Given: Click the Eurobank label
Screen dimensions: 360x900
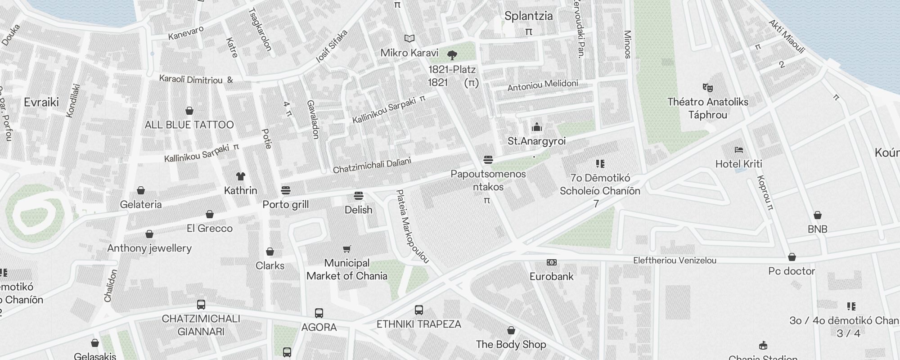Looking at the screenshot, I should (x=551, y=276).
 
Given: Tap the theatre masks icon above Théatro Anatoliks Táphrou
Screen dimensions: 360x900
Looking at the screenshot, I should (x=707, y=87).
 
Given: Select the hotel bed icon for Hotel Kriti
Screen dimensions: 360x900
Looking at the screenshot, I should (x=738, y=150).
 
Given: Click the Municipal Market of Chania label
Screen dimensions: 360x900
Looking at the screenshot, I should (x=346, y=269).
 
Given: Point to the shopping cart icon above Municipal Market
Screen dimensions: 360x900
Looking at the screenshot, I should (x=346, y=249).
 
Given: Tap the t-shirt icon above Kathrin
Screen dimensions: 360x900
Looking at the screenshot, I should (x=241, y=176).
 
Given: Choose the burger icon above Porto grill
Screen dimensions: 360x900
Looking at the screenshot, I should (x=285, y=190).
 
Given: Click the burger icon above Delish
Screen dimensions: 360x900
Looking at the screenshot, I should (x=358, y=196).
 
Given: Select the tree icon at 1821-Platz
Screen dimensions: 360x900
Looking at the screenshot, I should (x=452, y=55).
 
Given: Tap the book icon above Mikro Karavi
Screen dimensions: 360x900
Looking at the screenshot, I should (x=409, y=39).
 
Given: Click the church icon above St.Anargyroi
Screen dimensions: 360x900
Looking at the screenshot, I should (x=536, y=127).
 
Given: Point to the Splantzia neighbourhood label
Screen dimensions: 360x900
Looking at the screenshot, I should (x=528, y=16).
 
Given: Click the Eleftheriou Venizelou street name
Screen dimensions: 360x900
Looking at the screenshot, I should (x=675, y=260).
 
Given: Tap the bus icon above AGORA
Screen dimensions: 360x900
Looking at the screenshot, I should (x=319, y=313).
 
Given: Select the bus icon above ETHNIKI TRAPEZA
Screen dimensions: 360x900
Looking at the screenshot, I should (x=418, y=310).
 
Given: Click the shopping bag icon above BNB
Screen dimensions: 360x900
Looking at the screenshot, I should (x=817, y=215).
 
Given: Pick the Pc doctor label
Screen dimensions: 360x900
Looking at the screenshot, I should (x=792, y=271).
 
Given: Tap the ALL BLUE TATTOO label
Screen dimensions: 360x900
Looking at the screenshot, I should (x=189, y=125).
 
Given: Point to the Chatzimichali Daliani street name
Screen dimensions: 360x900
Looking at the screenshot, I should (x=372, y=166).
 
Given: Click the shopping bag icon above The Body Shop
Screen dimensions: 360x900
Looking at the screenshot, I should (x=511, y=330).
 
